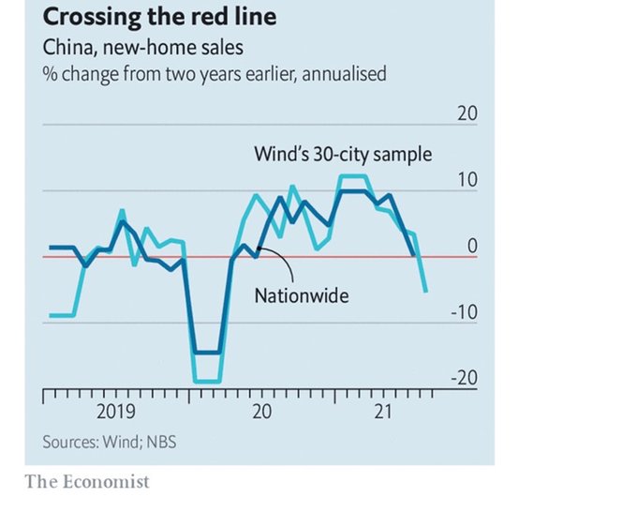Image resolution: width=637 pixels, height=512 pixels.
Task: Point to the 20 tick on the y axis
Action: (x=467, y=113)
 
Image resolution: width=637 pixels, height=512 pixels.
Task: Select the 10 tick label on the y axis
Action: (x=467, y=180)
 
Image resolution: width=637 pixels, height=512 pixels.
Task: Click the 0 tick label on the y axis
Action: (x=472, y=246)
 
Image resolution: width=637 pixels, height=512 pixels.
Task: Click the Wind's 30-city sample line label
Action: (x=344, y=153)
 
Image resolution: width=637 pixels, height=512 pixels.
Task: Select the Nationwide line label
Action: (x=302, y=295)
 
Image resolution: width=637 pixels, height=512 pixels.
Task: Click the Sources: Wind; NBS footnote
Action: (x=109, y=442)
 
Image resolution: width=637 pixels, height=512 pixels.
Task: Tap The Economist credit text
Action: (x=86, y=482)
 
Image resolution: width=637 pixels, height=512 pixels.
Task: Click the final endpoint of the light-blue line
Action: (x=426, y=292)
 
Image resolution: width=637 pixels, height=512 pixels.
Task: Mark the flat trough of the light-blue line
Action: (x=207, y=382)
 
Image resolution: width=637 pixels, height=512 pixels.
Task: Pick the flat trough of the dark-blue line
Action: (x=207, y=353)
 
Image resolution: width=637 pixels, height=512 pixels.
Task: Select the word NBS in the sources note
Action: (x=159, y=442)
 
